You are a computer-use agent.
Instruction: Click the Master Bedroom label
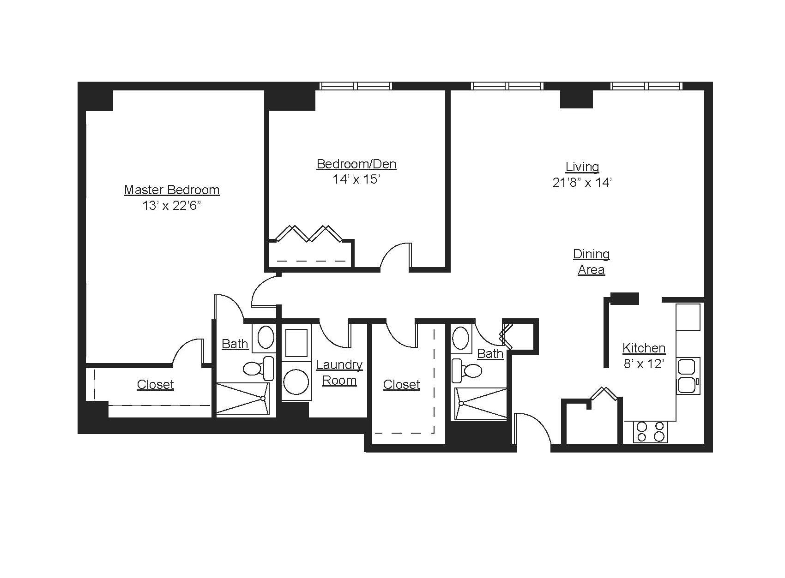pyautogui.click(x=171, y=190)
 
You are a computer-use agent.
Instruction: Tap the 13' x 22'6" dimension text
pyautogui.click(x=172, y=206)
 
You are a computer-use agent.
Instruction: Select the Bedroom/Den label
pyautogui.click(x=356, y=164)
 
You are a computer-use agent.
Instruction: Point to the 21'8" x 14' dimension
pyautogui.click(x=582, y=183)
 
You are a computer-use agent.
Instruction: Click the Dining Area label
pyautogui.click(x=591, y=262)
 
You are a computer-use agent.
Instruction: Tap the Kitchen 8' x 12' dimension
pyautogui.click(x=644, y=364)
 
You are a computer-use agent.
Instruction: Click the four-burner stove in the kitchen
pyautogui.click(x=650, y=432)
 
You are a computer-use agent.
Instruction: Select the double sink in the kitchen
pyautogui.click(x=688, y=375)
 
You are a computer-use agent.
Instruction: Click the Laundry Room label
pyautogui.click(x=339, y=372)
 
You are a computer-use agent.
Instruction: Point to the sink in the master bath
pyautogui.click(x=265, y=337)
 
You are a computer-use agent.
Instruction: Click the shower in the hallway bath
pyautogui.click(x=480, y=404)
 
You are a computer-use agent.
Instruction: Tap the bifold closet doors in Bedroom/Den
pyautogui.click(x=308, y=234)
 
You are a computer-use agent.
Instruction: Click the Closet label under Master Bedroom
pyautogui.click(x=155, y=385)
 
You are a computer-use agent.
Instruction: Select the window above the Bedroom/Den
pyautogui.click(x=356, y=86)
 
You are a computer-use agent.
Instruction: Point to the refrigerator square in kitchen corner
pyautogui.click(x=688, y=317)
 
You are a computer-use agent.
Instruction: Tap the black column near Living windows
pyautogui.click(x=576, y=99)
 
